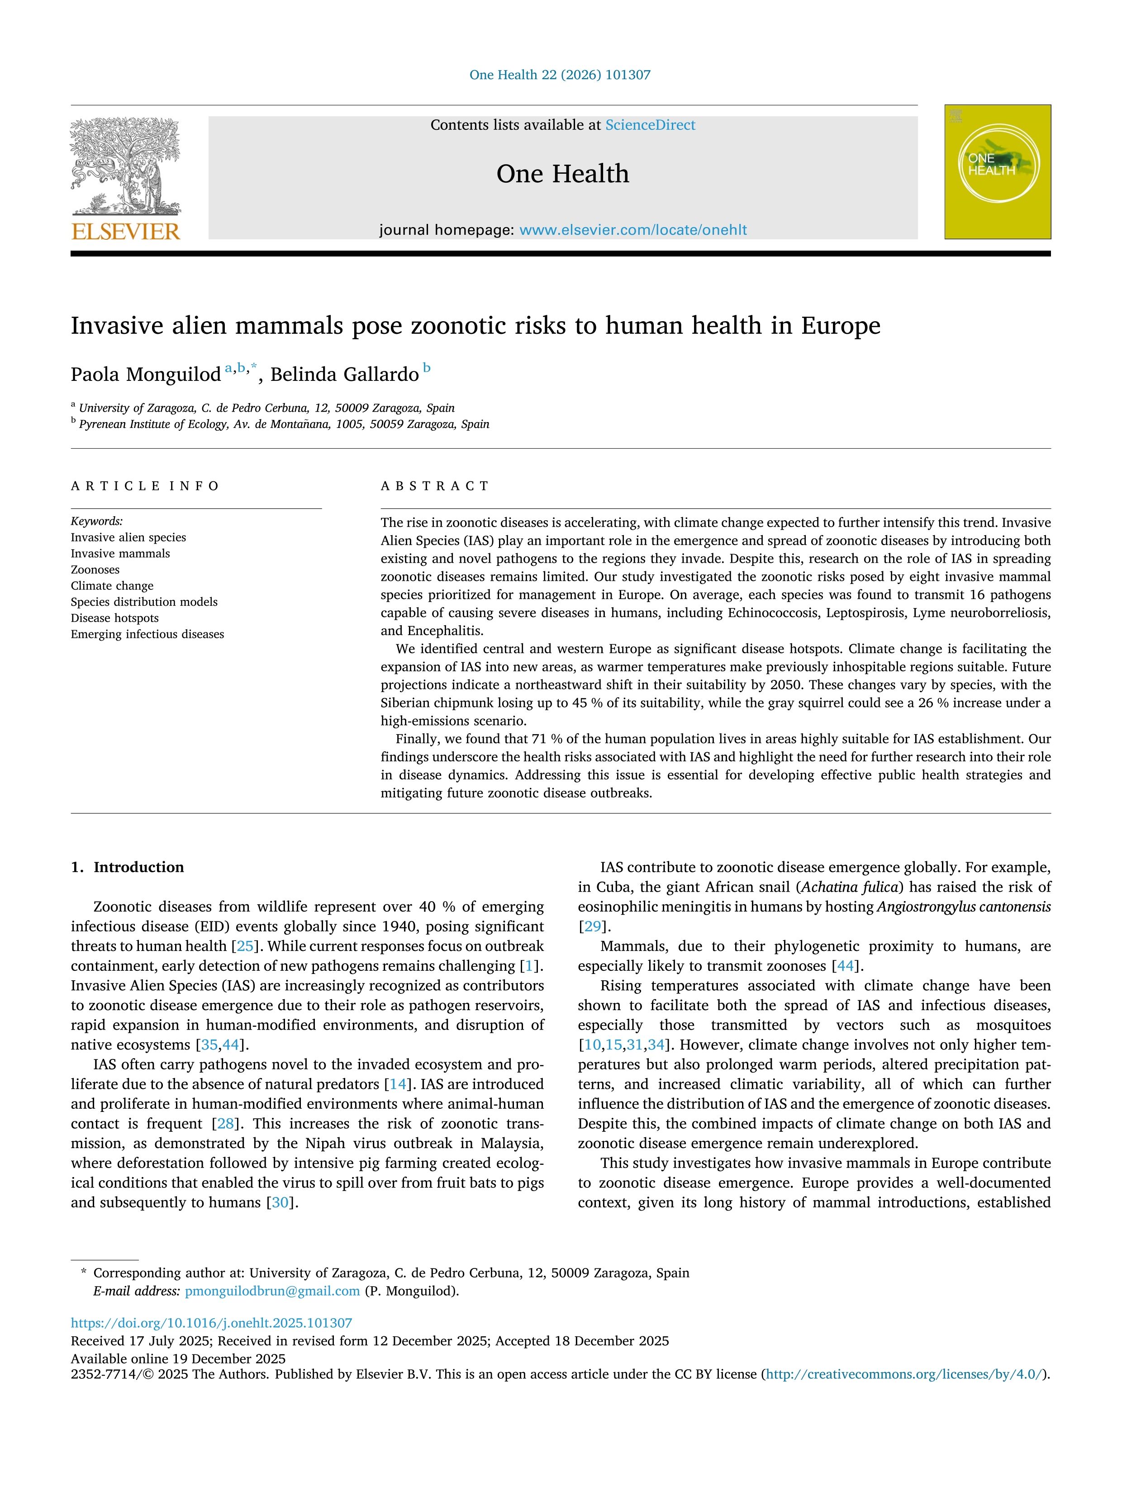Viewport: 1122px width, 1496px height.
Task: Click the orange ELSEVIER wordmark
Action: click(125, 232)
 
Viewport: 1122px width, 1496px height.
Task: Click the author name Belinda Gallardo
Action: click(344, 375)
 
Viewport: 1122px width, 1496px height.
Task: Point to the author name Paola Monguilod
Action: click(145, 375)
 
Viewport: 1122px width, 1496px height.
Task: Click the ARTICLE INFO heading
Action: click(145, 485)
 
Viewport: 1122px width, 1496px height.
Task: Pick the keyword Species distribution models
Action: click(144, 602)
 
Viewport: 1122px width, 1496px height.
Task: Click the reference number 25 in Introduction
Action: click(244, 946)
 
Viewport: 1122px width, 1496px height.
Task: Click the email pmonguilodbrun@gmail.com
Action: click(272, 1291)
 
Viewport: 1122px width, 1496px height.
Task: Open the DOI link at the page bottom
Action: click(211, 1323)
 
